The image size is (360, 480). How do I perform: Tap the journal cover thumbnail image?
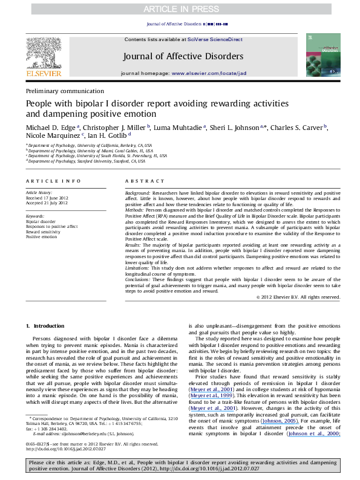(x=320, y=55)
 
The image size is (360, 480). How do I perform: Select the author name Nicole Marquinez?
(x=50, y=138)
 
